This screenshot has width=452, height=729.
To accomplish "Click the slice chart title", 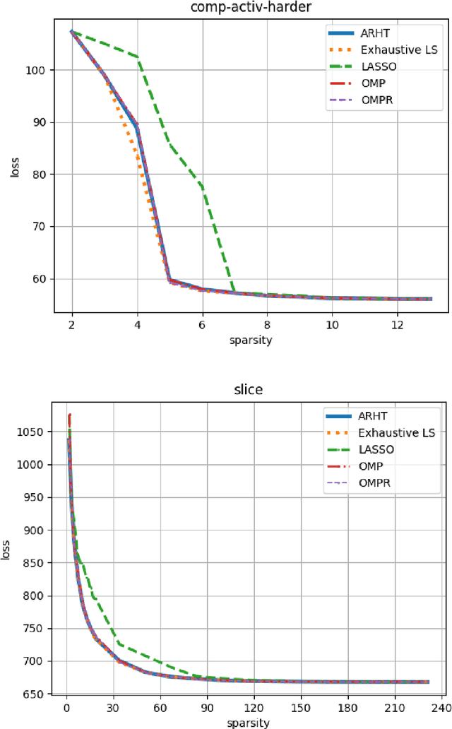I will [246, 390].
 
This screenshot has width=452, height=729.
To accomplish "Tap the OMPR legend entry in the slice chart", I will [374, 482].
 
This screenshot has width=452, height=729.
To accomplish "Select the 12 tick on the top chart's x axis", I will [398, 324].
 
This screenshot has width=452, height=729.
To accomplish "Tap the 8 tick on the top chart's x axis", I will [268, 324].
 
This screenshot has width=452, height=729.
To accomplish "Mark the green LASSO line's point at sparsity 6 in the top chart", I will [203, 188].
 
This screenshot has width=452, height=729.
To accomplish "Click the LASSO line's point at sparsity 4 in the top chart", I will [138, 57].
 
